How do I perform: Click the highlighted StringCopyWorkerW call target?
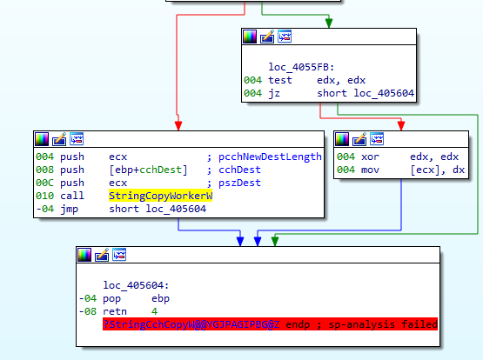click(161, 196)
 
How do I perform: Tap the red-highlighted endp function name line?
click(270, 323)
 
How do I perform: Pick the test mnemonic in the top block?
click(280, 80)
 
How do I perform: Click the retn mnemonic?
click(115, 310)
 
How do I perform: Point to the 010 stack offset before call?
click(45, 196)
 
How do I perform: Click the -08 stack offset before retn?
click(85, 310)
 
